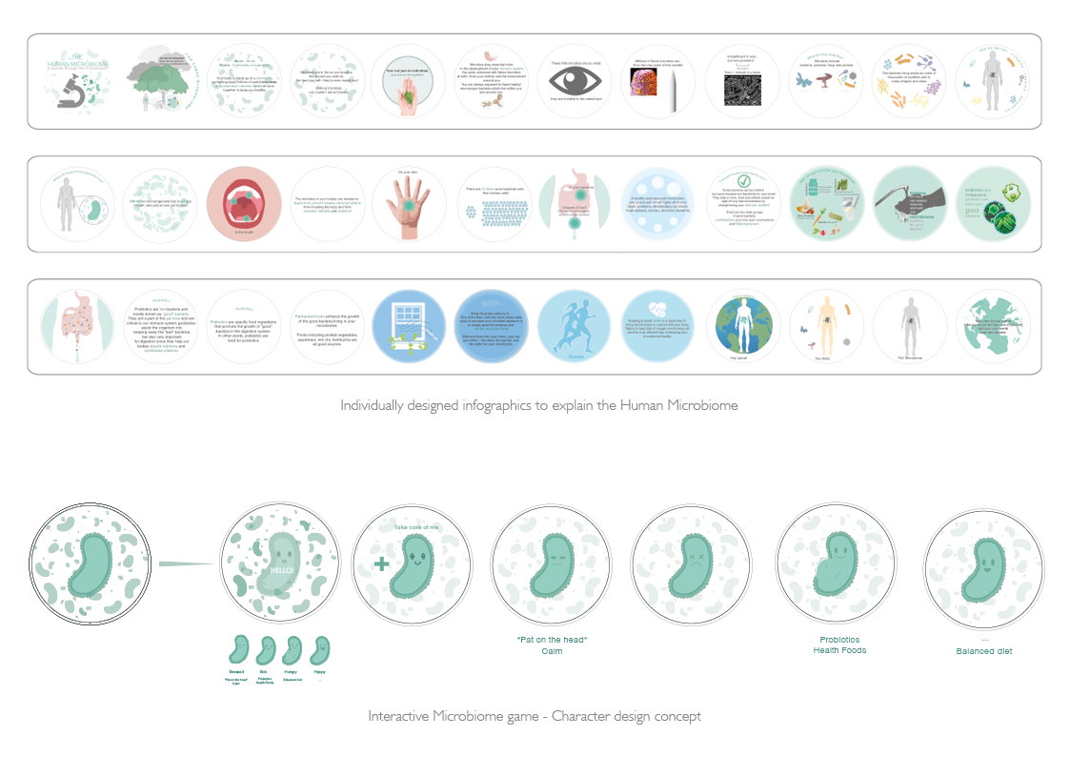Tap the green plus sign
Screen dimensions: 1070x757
(x=381, y=563)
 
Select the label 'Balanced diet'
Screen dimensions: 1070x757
(x=983, y=651)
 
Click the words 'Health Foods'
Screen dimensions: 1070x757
(x=838, y=650)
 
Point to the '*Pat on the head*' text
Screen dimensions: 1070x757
(x=551, y=639)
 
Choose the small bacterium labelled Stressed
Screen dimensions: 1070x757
(x=238, y=650)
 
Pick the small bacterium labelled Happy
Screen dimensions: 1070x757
(x=321, y=650)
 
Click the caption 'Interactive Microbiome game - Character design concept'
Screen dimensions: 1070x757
(x=535, y=715)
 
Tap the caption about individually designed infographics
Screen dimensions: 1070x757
(x=538, y=405)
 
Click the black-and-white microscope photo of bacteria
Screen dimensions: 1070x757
(x=743, y=89)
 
